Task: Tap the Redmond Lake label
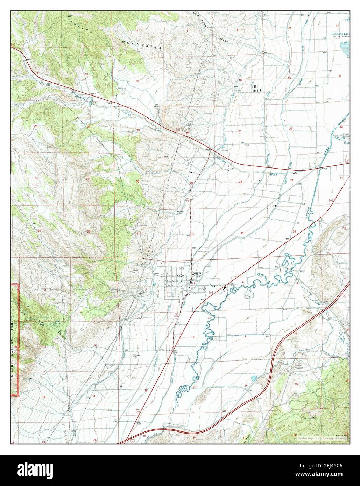click(x=340, y=35)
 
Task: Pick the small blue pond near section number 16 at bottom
click(x=254, y=378)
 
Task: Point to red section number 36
click(x=79, y=231)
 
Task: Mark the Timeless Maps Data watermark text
click(x=322, y=438)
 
